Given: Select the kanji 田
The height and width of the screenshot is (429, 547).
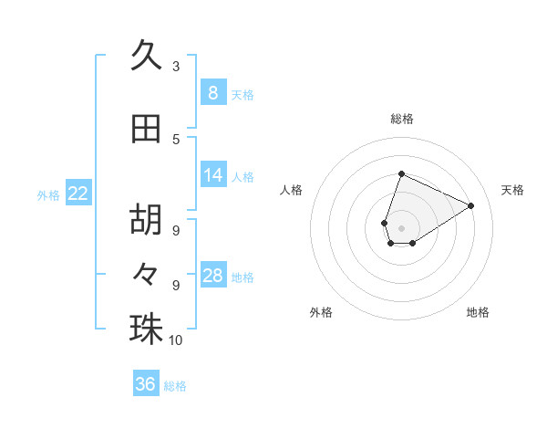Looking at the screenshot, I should [x=146, y=129].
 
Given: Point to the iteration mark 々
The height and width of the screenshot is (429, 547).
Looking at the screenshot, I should [x=146, y=271].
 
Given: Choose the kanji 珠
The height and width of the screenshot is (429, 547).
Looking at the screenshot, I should [x=146, y=330].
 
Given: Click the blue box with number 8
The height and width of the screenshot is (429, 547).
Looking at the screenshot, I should [x=212, y=92].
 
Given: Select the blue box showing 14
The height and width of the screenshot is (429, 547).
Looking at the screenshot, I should [x=212, y=175].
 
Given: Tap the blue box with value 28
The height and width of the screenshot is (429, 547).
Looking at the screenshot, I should [x=212, y=276].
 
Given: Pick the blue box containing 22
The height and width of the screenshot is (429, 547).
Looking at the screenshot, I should [x=78, y=193].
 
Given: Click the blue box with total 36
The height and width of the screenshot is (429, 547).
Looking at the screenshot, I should [x=145, y=384].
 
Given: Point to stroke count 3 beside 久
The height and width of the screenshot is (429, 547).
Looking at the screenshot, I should [x=176, y=67].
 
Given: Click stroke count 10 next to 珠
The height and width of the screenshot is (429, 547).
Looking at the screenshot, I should [x=176, y=340].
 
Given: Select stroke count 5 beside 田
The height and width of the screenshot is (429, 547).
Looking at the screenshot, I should [x=176, y=139].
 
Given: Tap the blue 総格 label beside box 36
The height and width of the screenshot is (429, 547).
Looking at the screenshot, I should [x=175, y=386].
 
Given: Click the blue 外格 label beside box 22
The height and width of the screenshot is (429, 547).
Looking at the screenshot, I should [x=48, y=194].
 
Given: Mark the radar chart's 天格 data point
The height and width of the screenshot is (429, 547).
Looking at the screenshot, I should [x=470, y=206].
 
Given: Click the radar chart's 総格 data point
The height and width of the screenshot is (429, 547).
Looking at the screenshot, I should [x=401, y=174].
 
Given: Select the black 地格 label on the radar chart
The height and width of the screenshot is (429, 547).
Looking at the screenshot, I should [x=478, y=312].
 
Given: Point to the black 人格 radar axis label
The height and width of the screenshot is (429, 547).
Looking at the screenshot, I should [x=292, y=190].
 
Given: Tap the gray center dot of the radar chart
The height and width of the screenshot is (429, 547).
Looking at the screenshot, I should [x=401, y=227].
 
